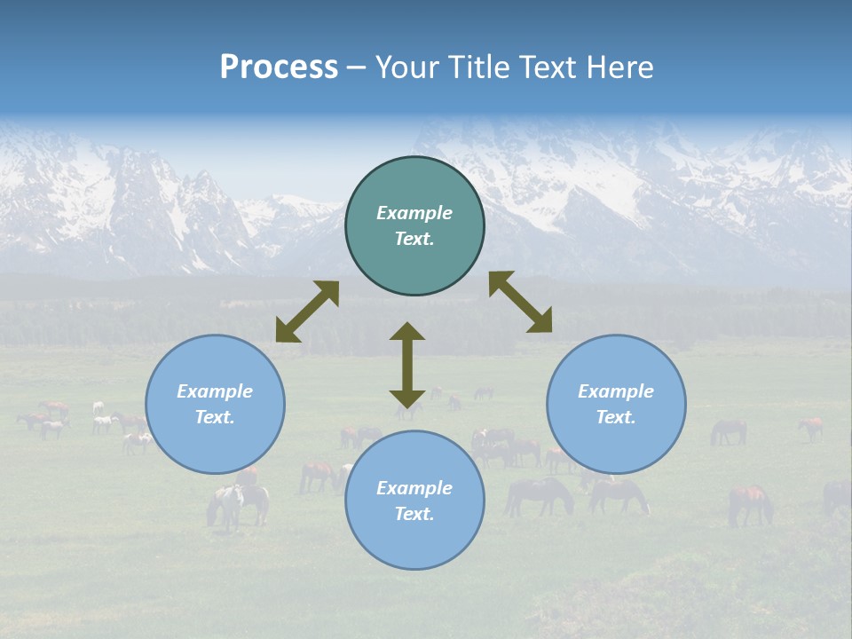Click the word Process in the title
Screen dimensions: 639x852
pyautogui.click(x=279, y=67)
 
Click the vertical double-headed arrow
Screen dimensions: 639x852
pyautogui.click(x=407, y=366)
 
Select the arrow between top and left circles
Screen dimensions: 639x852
pyautogui.click(x=307, y=312)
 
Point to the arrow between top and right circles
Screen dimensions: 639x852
pyautogui.click(x=521, y=302)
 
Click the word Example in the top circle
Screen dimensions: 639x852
pyautogui.click(x=414, y=213)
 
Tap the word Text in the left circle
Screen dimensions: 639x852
pyautogui.click(x=215, y=417)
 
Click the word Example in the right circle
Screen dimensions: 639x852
pyautogui.click(x=616, y=391)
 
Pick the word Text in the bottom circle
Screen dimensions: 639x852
pyautogui.click(x=414, y=514)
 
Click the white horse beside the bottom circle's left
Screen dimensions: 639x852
pyautogui.click(x=226, y=504)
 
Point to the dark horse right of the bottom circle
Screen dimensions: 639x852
pyautogui.click(x=540, y=495)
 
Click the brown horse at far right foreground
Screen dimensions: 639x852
pyautogui.click(x=750, y=503)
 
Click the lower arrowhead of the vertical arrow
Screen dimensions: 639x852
pyautogui.click(x=407, y=398)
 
